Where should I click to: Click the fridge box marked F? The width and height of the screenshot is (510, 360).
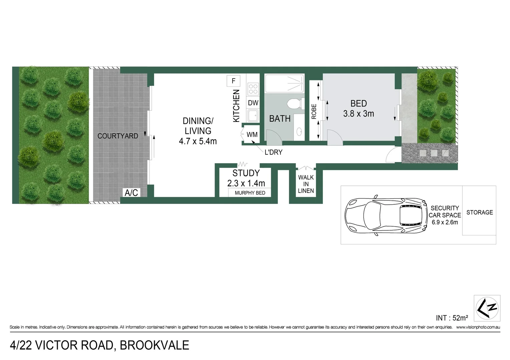[x=233, y=81]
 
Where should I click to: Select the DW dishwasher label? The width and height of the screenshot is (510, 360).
[x=253, y=103]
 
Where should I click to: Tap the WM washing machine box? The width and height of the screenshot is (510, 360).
[x=252, y=135]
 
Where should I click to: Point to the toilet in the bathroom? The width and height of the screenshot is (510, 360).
[x=296, y=104]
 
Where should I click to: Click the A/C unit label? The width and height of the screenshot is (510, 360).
[x=131, y=193]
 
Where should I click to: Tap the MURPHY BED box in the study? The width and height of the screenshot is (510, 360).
[x=249, y=193]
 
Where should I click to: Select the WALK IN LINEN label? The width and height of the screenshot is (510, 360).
[x=306, y=184]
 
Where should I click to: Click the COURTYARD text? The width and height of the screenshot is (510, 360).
[x=117, y=136]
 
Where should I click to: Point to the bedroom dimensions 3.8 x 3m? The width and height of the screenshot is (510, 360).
[x=359, y=114]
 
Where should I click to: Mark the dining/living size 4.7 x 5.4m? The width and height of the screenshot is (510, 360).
[x=198, y=141]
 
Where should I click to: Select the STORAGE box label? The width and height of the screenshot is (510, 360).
[x=479, y=212]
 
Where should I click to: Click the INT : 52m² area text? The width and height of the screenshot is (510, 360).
[x=452, y=318]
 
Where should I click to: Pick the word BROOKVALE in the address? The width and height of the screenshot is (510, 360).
[x=154, y=345]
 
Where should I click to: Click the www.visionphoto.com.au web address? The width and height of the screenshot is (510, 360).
[x=478, y=327]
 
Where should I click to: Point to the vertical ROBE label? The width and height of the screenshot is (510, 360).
[x=314, y=112]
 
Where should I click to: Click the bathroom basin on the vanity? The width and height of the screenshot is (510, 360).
[x=299, y=132]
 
